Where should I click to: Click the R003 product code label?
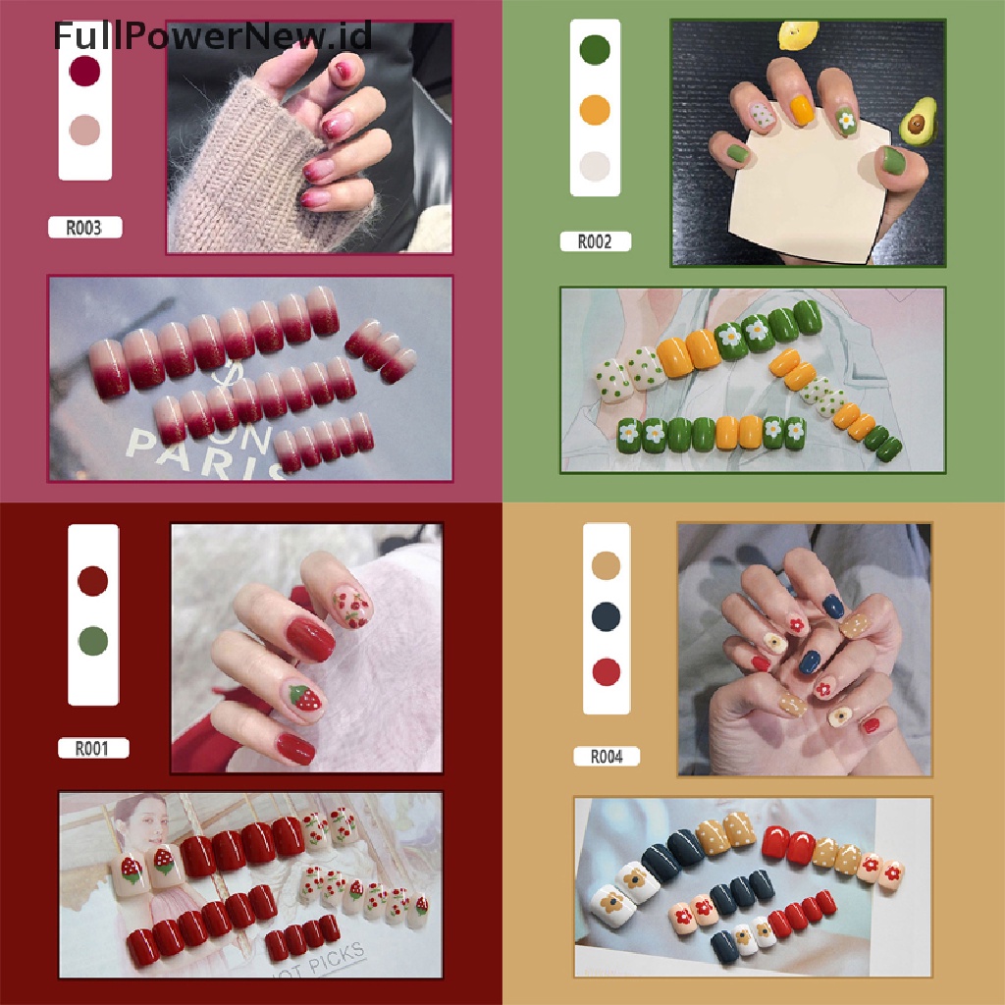click(x=86, y=228)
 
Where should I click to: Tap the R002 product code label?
click(x=595, y=241)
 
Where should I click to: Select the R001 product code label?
click(x=92, y=748)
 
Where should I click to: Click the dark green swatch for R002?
click(x=595, y=49)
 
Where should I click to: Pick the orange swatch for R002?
click(x=595, y=108)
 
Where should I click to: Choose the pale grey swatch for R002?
click(x=595, y=166)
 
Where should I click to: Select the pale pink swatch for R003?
click(x=85, y=130)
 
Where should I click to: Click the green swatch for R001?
click(x=93, y=641)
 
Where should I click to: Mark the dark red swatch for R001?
click(x=93, y=581)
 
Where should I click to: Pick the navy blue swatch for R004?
click(x=608, y=617)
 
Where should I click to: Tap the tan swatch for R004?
click(x=608, y=565)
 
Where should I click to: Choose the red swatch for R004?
click(x=608, y=672)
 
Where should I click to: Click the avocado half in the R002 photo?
click(x=916, y=124)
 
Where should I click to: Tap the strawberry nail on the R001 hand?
click(x=307, y=699)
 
